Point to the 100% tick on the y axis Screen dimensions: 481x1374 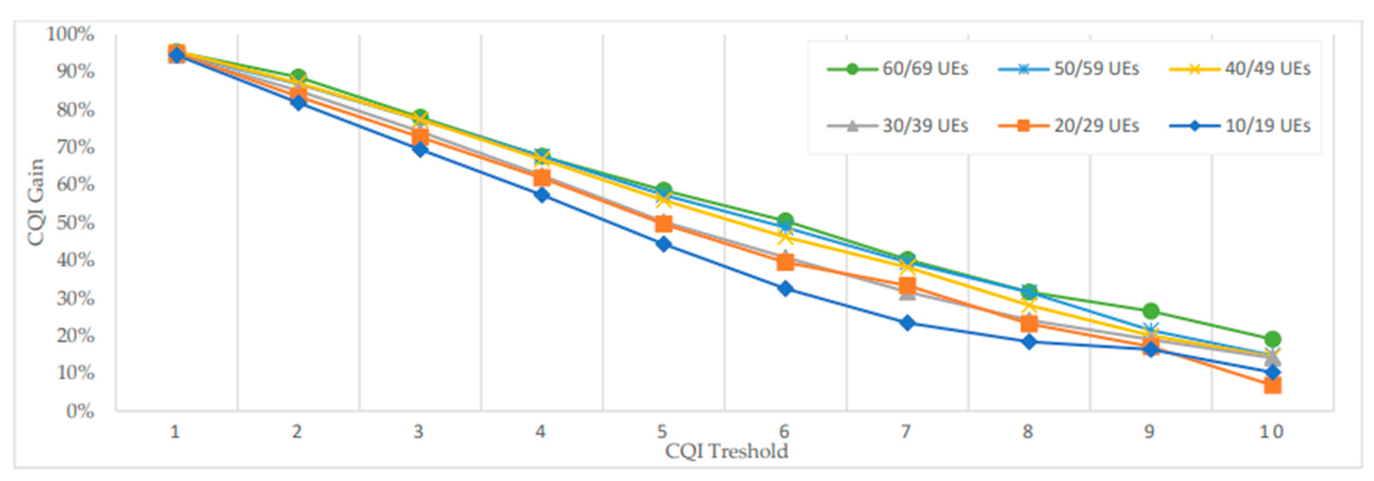pyautogui.click(x=70, y=34)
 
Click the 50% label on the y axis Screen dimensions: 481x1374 pyautogui.click(x=75, y=222)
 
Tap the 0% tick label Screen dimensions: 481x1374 pyautogui.click(x=80, y=411)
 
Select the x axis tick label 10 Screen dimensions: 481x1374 pyautogui.click(x=1272, y=431)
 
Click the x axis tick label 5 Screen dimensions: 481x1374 pyautogui.click(x=662, y=431)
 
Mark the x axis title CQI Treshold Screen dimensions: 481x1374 pyautogui.click(x=727, y=451)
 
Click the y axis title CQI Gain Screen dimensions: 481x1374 pyautogui.click(x=36, y=203)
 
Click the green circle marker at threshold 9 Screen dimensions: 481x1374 pyautogui.click(x=1150, y=311)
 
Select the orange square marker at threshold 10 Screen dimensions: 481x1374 pyautogui.click(x=1272, y=385)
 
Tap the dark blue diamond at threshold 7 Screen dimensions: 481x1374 pyautogui.click(x=907, y=323)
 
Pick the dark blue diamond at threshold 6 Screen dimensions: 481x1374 pyautogui.click(x=785, y=289)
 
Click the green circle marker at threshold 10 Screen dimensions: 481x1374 pyautogui.click(x=1272, y=339)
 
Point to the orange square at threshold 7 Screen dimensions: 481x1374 pyautogui.click(x=907, y=287)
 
